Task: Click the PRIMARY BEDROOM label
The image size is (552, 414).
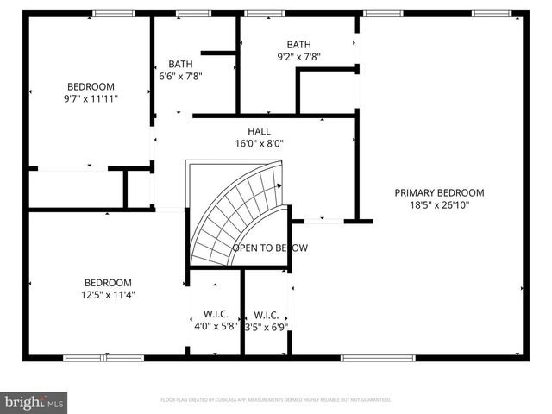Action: click(x=439, y=192)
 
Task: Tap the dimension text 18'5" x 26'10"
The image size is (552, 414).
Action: click(x=439, y=204)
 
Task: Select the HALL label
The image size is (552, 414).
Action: click(x=259, y=131)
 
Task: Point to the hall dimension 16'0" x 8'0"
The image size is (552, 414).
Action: click(x=259, y=144)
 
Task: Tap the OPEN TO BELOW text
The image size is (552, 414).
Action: click(x=269, y=248)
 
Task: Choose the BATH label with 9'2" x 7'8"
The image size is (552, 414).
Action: click(x=298, y=45)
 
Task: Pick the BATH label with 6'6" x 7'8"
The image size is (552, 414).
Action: click(x=180, y=64)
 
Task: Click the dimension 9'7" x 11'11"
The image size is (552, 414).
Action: click(x=91, y=98)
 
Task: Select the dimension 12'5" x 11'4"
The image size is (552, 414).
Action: click(x=108, y=294)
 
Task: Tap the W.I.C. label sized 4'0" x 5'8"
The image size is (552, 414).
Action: click(x=215, y=313)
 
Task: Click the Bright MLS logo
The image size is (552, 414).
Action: click(x=34, y=401)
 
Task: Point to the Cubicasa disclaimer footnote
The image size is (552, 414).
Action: click(x=276, y=400)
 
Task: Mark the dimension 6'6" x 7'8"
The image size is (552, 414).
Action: click(x=180, y=76)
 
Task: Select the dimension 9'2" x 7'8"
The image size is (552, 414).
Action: click(x=298, y=57)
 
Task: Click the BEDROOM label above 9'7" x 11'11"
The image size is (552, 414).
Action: click(x=91, y=86)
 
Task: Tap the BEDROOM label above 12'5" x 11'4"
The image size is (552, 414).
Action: click(x=108, y=282)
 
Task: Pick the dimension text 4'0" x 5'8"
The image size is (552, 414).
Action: click(x=215, y=325)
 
